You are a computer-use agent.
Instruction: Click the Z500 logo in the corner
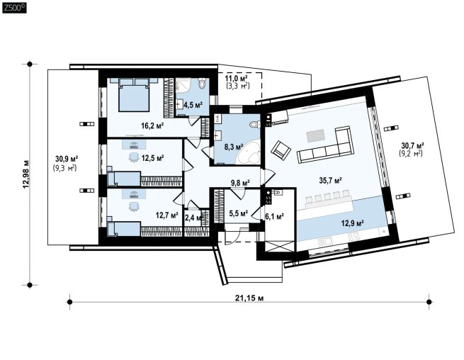coord(14,7)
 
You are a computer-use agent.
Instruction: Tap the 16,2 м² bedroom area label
coord(152,126)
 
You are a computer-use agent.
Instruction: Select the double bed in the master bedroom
coord(134,95)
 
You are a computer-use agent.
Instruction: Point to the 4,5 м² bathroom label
coord(193,104)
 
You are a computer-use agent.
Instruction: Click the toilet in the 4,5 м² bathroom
coord(202,83)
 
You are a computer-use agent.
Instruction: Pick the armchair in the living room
coord(281,149)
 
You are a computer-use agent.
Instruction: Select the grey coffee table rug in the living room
coord(316,137)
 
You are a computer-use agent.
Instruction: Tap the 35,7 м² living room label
coord(331,180)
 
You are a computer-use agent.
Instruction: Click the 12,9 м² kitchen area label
coord(353,223)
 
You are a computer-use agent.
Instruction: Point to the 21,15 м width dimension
coord(249,298)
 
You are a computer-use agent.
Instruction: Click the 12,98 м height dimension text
coord(26,174)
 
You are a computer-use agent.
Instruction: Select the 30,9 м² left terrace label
coord(67,158)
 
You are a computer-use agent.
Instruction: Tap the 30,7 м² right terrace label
coord(413,146)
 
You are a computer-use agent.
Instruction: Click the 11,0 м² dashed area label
coord(236,79)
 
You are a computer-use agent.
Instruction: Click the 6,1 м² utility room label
coord(275,216)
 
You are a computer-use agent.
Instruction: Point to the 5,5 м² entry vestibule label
coord(239,213)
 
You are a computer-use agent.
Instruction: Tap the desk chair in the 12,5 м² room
coord(134,157)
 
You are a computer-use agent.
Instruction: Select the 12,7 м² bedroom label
coord(166,215)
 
